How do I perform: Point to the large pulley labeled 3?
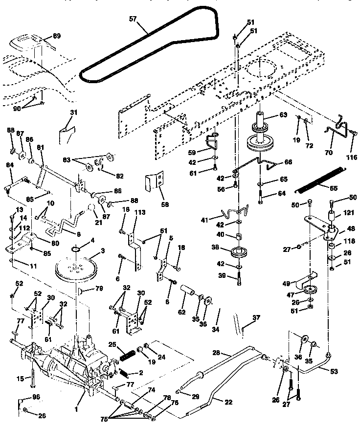[76, 270]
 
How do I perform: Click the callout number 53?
[334, 371]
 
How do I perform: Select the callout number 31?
[73, 112]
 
